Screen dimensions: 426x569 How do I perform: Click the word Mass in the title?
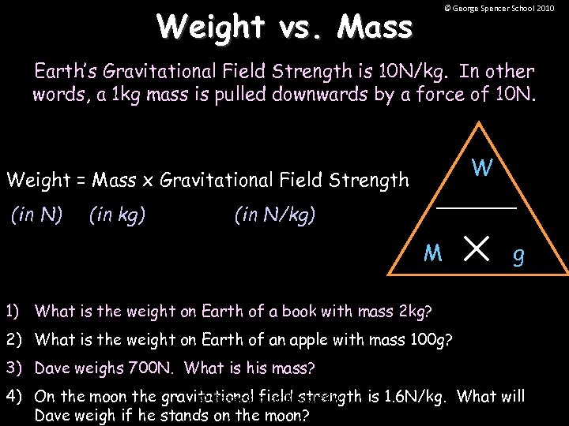375,28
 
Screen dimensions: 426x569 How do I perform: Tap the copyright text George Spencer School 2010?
499,8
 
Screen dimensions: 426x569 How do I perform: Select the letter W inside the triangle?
483,168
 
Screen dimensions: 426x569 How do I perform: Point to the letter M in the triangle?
432,253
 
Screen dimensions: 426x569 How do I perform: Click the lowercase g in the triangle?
518,256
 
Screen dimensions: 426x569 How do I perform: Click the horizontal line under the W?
477,207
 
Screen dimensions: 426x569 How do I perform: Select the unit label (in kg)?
117,215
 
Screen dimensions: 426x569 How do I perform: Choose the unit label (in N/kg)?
274,215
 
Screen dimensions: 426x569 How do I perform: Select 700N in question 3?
134,368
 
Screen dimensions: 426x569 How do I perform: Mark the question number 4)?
16,396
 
